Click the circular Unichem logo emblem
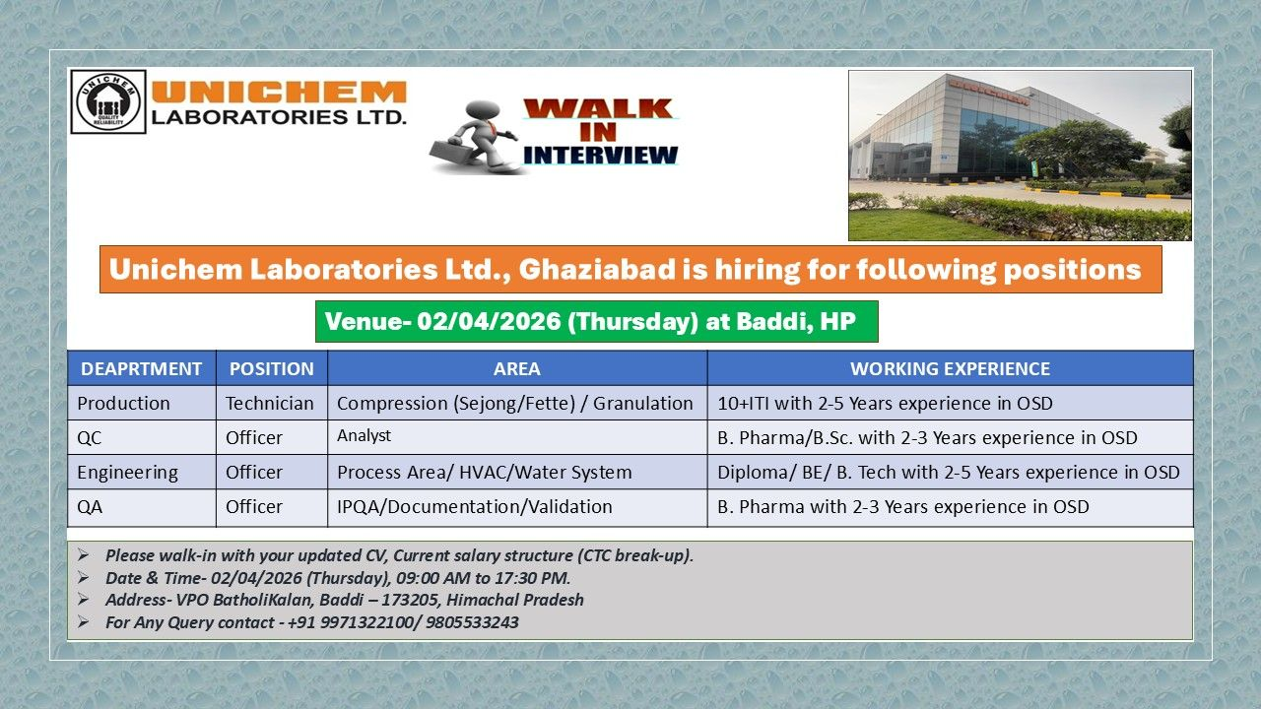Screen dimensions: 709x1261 tap(108, 101)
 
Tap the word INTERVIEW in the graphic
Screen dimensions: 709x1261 tap(601, 155)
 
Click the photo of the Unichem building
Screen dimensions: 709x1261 tap(1020, 156)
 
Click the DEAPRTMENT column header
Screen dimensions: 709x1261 tap(141, 369)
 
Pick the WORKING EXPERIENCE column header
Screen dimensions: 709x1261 tap(950, 369)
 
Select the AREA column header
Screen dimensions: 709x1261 tap(516, 369)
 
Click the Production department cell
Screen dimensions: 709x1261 tap(124, 404)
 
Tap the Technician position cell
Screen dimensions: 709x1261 tap(270, 404)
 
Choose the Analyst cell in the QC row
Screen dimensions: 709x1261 tap(364, 435)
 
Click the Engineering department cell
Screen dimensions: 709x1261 tap(128, 473)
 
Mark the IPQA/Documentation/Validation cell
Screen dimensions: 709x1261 tap(475, 507)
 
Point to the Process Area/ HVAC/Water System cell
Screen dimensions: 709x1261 tap(485, 473)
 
